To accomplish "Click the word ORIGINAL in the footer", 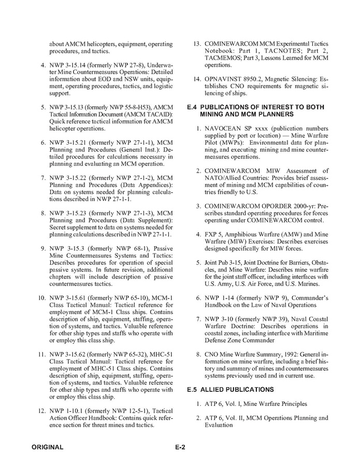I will [47, 447].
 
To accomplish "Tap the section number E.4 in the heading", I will [193, 107].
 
